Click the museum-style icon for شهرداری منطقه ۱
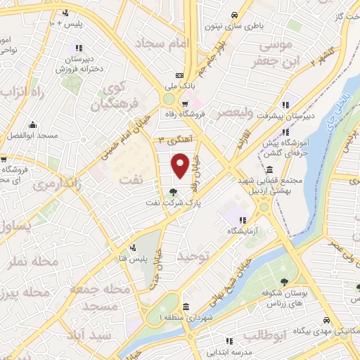pos(185,307)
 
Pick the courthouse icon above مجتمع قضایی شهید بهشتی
pos(271,169)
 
